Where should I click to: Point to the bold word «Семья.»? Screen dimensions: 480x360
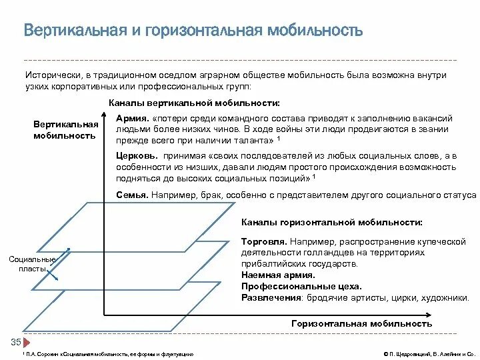tap(131, 195)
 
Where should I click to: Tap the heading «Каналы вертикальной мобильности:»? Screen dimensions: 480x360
tap(193, 103)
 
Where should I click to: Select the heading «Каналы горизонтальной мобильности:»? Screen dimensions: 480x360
tap(331, 222)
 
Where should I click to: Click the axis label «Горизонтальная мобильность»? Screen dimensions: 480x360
tap(362, 323)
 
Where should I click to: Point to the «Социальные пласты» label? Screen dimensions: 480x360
tap(31, 263)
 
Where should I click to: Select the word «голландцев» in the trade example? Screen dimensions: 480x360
tap(321, 253)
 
